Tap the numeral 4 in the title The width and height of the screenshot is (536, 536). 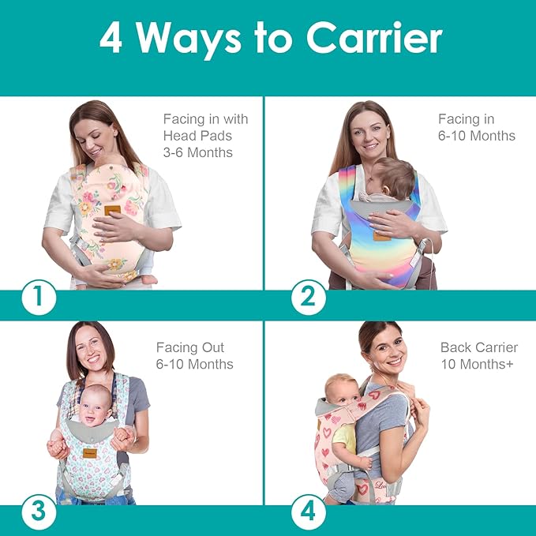(111, 39)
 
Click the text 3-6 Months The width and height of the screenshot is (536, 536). (198, 152)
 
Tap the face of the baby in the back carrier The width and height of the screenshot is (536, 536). (339, 388)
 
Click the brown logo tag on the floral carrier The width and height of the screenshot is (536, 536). (113, 210)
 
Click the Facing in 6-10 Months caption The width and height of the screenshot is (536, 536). (477, 127)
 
